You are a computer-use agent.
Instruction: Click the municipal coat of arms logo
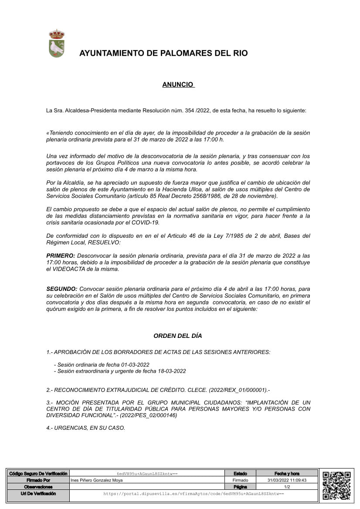[57, 44]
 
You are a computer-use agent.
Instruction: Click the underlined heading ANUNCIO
[178, 84]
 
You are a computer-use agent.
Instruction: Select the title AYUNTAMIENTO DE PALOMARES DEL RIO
[163, 54]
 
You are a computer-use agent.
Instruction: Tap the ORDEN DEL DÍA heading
[178, 336]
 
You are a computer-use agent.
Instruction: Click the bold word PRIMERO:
[61, 256]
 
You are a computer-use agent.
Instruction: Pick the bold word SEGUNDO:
[62, 289]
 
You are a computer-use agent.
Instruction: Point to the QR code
[336, 485]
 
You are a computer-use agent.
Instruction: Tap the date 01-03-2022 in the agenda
[136, 364]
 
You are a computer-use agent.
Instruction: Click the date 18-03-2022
[172, 371]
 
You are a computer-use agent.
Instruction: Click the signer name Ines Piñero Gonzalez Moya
[96, 480]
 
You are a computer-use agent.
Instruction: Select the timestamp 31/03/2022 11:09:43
[287, 480]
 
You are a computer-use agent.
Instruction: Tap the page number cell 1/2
[287, 487]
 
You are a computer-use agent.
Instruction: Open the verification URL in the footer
[194, 494]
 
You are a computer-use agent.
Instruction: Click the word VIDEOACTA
[68, 269]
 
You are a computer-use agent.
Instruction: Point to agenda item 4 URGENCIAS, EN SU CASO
[86, 428]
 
